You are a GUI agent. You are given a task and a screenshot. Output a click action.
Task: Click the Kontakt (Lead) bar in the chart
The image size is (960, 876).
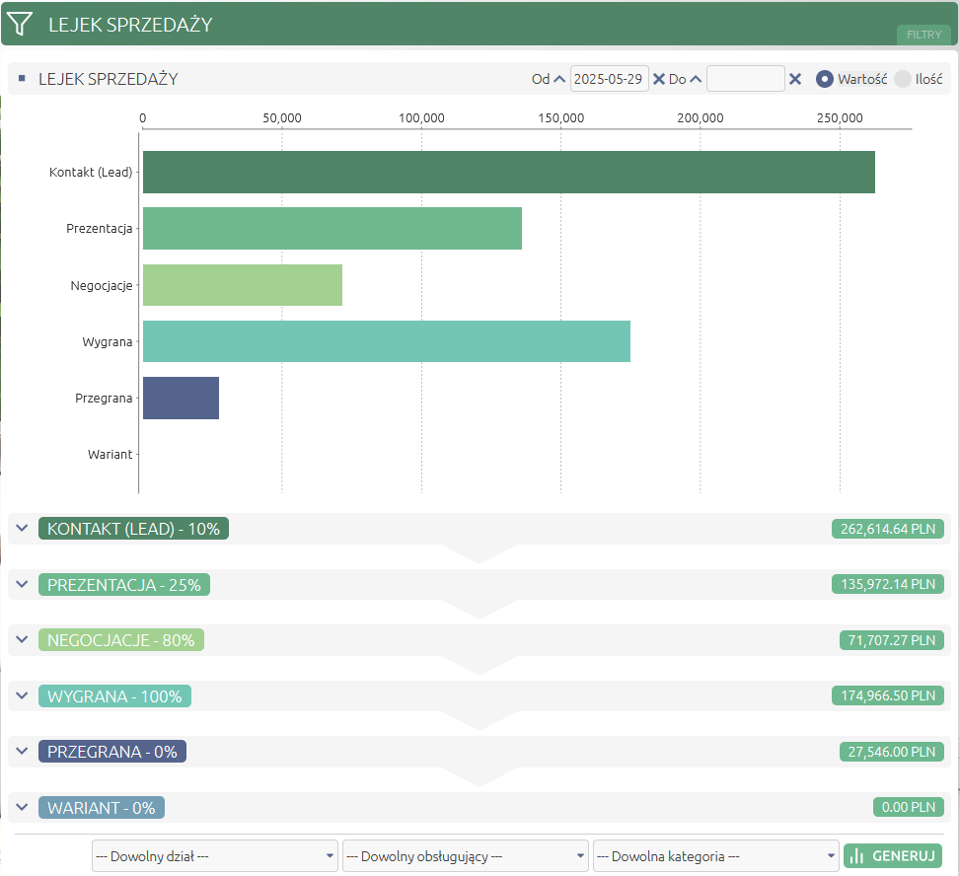pos(509,172)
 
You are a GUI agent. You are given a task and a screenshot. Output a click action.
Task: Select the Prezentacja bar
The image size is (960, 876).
pos(332,228)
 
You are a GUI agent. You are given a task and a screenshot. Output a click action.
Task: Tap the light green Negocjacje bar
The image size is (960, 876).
pos(243,285)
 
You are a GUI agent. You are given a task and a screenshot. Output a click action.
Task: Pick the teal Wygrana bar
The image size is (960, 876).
pos(387,341)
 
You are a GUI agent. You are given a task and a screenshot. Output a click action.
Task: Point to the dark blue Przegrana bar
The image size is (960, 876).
pos(181,398)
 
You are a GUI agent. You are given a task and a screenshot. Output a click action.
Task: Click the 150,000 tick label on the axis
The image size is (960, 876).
pos(560,118)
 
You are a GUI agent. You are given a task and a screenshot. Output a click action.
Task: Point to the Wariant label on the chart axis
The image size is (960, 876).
pos(111,454)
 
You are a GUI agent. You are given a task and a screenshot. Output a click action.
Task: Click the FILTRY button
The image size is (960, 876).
pos(923,35)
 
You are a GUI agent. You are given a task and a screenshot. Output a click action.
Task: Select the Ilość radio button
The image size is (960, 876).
pos(903,79)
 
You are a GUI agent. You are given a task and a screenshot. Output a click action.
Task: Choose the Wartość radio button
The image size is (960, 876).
pos(825,79)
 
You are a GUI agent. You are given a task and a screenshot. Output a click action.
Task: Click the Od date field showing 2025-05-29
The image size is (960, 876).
pos(609,79)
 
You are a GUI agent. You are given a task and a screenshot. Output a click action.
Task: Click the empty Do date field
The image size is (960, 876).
pos(745,79)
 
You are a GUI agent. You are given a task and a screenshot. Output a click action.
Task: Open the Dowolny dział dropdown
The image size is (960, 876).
pos(215,856)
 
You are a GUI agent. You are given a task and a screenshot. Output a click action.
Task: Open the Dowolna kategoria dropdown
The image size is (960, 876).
pos(715,856)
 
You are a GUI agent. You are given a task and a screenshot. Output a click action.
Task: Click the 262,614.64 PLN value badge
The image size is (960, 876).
pos(888,529)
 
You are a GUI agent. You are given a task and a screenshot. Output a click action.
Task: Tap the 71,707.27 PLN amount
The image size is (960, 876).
pos(892,640)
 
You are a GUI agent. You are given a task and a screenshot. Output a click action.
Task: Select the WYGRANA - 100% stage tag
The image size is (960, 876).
pos(115,696)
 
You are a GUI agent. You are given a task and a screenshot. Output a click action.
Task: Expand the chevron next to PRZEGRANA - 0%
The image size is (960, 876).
pos(22,751)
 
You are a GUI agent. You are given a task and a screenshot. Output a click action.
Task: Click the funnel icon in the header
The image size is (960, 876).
pos(19,24)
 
